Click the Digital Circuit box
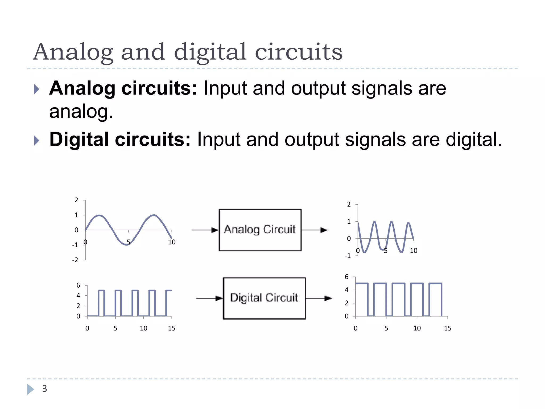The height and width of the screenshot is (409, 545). [x=264, y=298]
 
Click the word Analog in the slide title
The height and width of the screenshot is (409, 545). [x=73, y=52]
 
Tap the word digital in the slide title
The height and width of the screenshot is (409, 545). [x=210, y=52]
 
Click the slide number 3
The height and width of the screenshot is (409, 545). [x=44, y=388]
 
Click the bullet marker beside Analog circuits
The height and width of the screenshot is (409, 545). [x=37, y=89]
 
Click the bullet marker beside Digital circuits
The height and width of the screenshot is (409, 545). [x=37, y=140]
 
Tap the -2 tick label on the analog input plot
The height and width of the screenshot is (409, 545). [x=75, y=260]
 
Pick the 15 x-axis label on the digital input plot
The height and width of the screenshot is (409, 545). [x=172, y=328]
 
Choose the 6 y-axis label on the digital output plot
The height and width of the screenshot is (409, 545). [x=346, y=277]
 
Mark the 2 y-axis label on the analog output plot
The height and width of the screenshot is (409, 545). [x=349, y=204]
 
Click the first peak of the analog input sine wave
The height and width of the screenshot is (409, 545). [x=99, y=215]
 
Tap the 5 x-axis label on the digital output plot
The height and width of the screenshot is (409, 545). [x=386, y=328]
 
